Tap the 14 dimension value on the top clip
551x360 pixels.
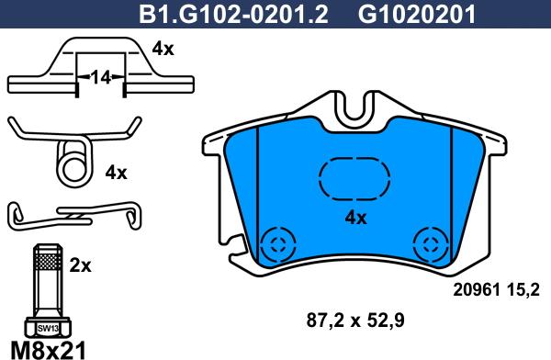coord(101,80)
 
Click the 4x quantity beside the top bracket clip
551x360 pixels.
coord(162,50)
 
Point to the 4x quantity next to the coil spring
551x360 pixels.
coord(115,171)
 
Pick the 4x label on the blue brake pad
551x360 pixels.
coord(354,218)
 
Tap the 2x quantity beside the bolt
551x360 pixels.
coord(81,265)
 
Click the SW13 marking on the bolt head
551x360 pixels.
coord(46,327)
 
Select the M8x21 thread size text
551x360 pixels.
coord(46,349)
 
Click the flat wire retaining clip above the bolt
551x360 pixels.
coord(73,216)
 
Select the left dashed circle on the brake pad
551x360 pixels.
coord(275,244)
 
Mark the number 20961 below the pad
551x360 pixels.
coord(475,290)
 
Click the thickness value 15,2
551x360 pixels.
coord(522,290)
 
